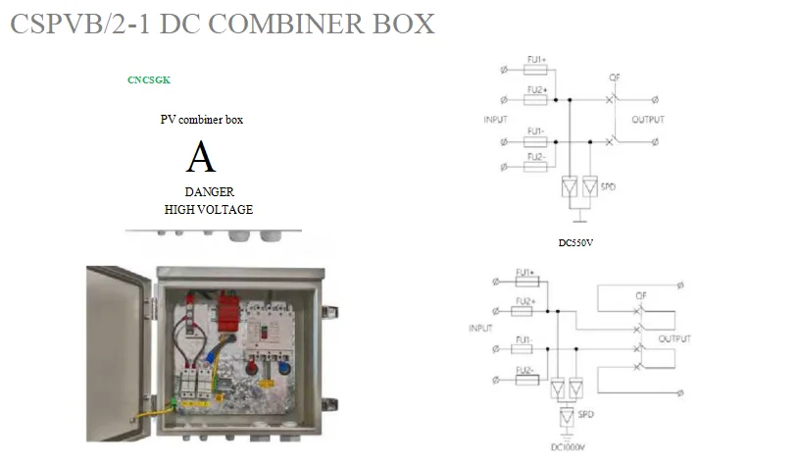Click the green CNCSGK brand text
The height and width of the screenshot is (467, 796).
pos(149,79)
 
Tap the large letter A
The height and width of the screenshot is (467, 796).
pos(201,157)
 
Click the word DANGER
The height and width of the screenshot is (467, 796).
pos(209,192)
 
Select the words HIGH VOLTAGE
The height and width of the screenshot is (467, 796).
pos(209,209)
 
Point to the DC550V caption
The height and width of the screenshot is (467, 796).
pos(577,242)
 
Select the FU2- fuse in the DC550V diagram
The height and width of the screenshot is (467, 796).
pos(536,167)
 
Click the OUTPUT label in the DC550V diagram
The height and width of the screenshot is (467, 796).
pos(648,120)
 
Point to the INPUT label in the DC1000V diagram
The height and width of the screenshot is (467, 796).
pos(480,329)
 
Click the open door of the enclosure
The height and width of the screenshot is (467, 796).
pos(118,353)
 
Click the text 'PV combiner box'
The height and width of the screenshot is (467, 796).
pos(202,120)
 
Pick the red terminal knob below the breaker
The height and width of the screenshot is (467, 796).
pos(264,369)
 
